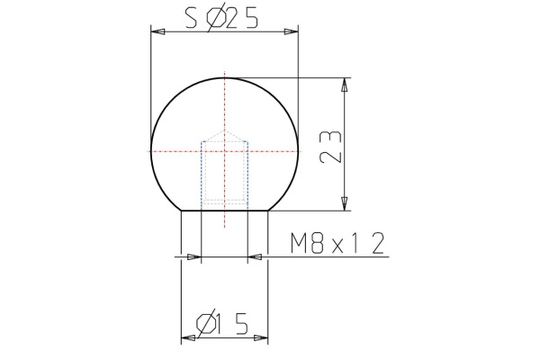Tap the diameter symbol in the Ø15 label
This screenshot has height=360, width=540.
(x=207, y=322)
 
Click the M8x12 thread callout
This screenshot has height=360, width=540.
(x=338, y=242)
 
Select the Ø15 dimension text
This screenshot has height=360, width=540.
(x=222, y=322)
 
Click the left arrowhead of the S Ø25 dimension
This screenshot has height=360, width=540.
(x=157, y=32)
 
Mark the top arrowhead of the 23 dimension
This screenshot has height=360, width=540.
(x=343, y=85)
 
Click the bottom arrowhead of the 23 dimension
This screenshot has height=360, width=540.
(x=343, y=204)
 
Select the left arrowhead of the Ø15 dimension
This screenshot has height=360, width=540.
(x=188, y=338)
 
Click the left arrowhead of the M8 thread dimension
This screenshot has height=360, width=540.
(x=193, y=257)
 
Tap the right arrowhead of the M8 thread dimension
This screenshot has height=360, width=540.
(x=255, y=257)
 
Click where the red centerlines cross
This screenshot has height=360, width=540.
(x=223, y=150)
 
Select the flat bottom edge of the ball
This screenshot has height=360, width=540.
(x=223, y=211)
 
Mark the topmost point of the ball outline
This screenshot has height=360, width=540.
(x=223, y=77)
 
